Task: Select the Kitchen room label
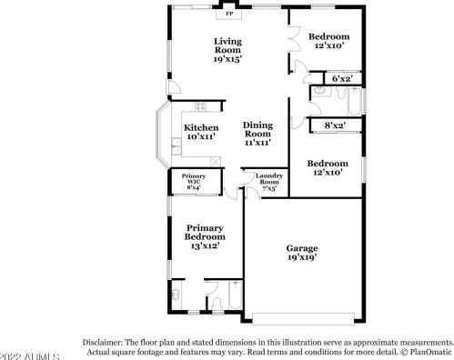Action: coord(199,127)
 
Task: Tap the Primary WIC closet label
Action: coord(194,179)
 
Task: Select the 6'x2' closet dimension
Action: coord(342,80)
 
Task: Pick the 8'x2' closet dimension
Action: coord(335,125)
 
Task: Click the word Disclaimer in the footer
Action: coord(106,334)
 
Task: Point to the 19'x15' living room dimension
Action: coord(228,58)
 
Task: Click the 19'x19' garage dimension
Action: coord(301,259)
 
